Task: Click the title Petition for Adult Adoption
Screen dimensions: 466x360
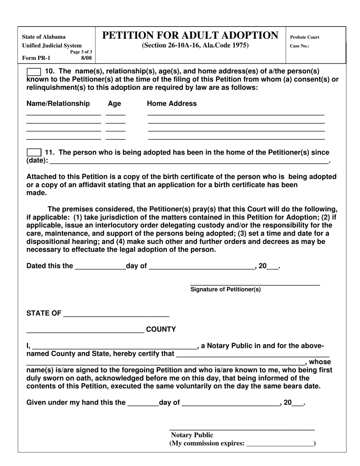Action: click(x=190, y=36)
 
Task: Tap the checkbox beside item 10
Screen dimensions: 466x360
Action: click(x=34, y=72)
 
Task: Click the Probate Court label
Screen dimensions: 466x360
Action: click(x=304, y=37)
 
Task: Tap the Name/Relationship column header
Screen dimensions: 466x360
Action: click(x=58, y=104)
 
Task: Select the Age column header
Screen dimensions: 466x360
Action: click(x=114, y=104)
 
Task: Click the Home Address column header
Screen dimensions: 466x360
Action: click(x=172, y=104)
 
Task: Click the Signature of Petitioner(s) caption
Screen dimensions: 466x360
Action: click(x=225, y=290)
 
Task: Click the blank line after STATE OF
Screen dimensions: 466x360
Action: click(x=116, y=314)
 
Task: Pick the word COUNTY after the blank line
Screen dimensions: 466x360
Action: click(x=161, y=330)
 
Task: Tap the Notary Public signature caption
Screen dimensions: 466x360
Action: click(x=192, y=435)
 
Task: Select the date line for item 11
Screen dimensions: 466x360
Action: click(x=189, y=161)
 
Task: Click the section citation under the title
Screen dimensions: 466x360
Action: click(x=195, y=45)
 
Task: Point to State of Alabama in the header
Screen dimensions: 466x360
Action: click(x=44, y=37)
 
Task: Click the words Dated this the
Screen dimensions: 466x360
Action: click(x=50, y=266)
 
